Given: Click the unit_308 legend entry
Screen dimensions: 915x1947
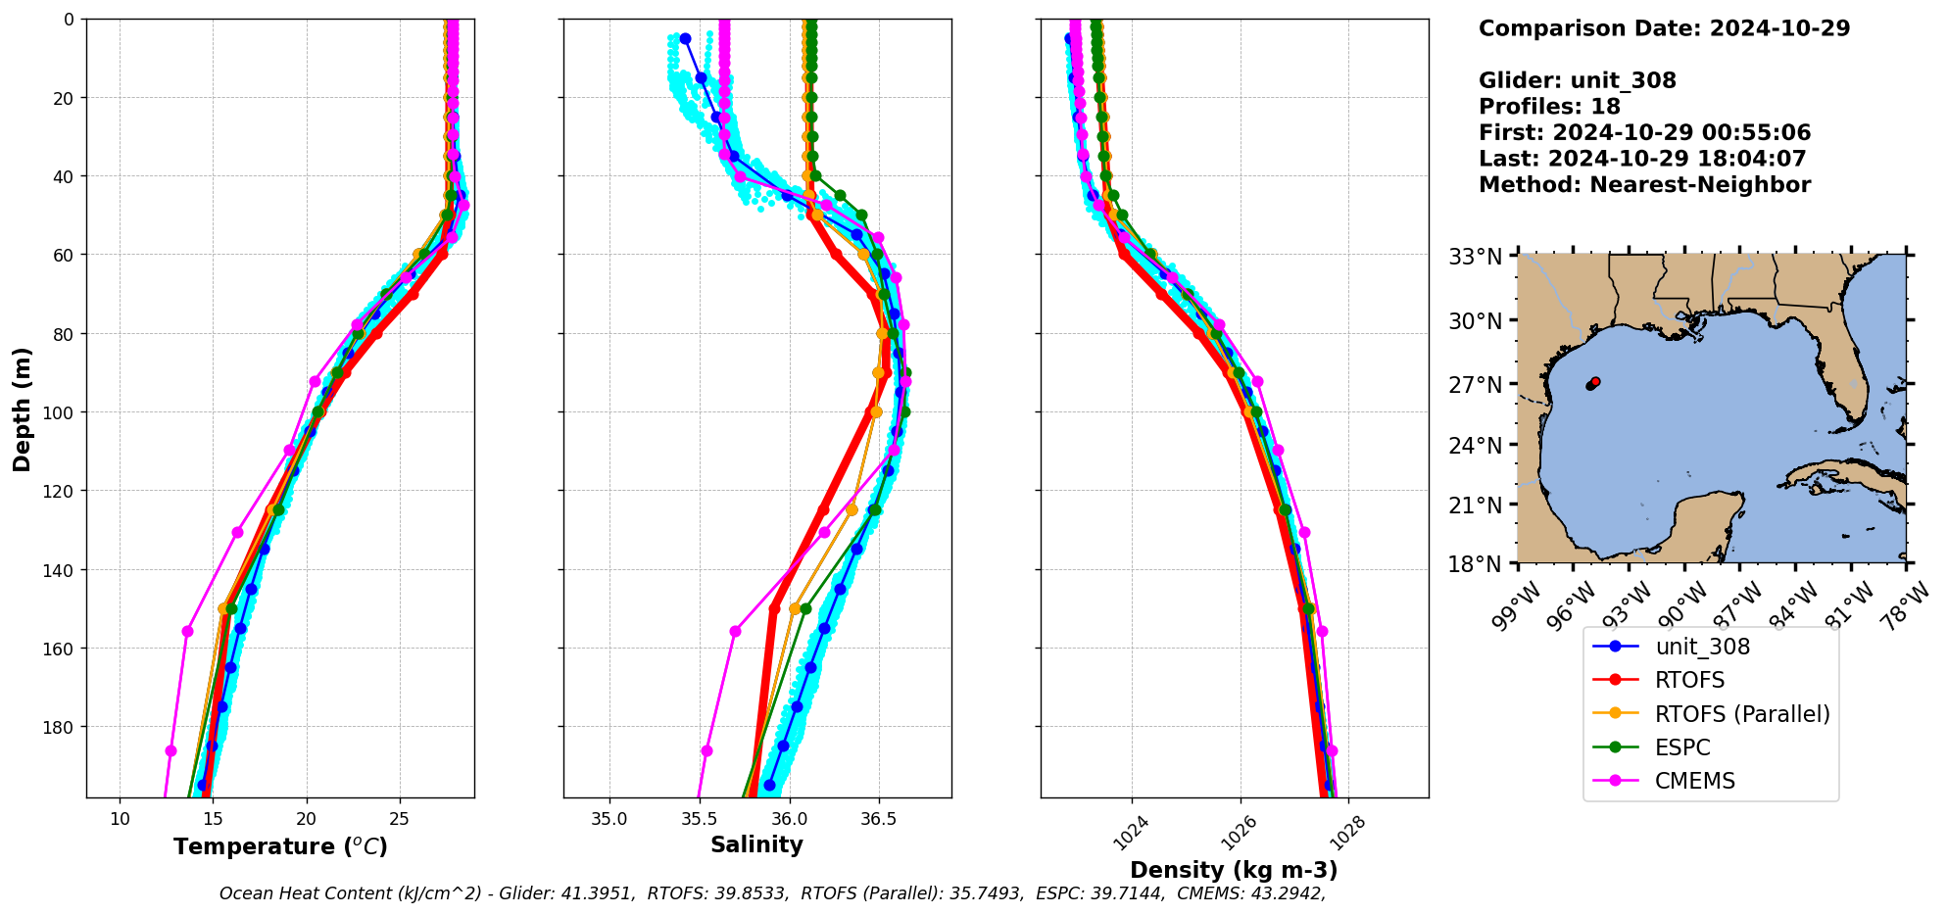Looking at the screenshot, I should (x=1701, y=647).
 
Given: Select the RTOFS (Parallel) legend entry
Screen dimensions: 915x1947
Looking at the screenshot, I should (x=1741, y=714).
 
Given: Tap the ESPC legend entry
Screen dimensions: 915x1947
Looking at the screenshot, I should (x=1681, y=747).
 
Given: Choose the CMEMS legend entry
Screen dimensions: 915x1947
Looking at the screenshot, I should (x=1694, y=781).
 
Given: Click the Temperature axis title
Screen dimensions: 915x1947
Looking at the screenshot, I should (x=280, y=846).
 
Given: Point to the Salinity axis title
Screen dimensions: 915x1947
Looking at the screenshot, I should (x=756, y=844).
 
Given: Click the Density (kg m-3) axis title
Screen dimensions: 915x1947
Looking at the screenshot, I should (x=1234, y=870).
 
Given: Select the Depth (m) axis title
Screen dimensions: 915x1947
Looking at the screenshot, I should (x=22, y=409).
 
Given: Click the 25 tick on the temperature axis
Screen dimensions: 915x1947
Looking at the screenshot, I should (x=399, y=818).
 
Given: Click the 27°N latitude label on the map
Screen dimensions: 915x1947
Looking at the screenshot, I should (x=1475, y=385).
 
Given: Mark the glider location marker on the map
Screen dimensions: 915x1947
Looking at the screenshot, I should (x=1592, y=383).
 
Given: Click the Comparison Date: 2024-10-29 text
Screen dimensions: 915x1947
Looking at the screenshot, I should (x=1664, y=28).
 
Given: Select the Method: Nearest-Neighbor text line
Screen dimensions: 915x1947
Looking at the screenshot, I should (x=1644, y=185).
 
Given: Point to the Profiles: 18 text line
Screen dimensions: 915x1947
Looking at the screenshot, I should (x=1549, y=107).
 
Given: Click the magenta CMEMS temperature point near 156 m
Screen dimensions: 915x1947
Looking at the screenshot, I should (x=187, y=631).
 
